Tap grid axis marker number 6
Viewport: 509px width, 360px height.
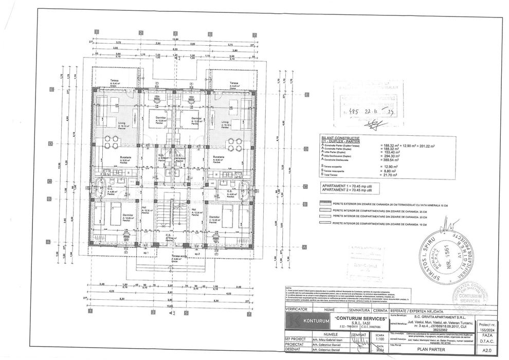pos(210,33)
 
